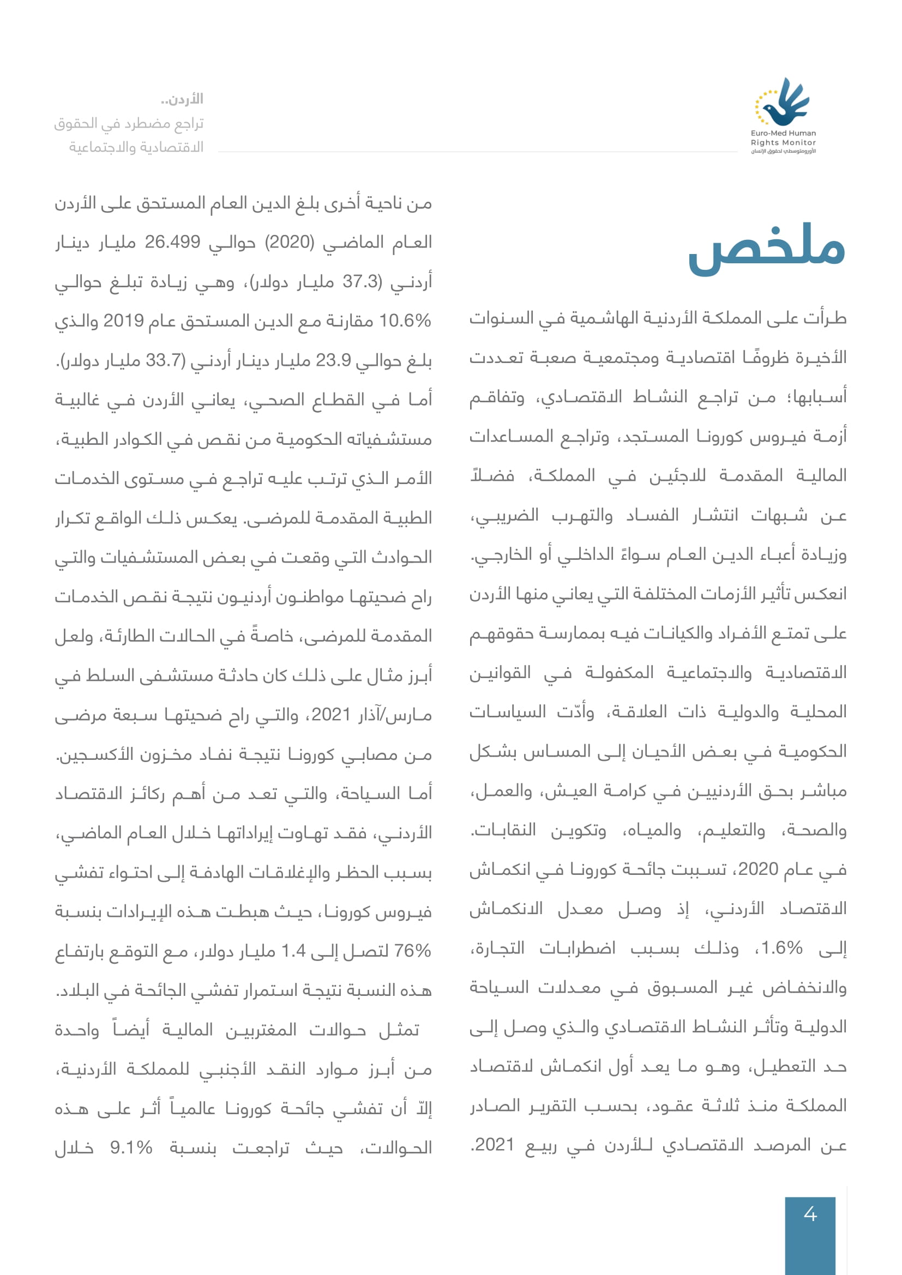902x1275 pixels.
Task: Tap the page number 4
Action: [810, 1214]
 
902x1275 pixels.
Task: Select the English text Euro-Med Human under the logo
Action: [783, 133]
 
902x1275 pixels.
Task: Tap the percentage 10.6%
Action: [405, 321]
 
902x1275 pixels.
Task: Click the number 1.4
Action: [294, 951]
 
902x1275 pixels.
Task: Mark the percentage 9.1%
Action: [131, 1148]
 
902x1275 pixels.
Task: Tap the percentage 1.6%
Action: [781, 948]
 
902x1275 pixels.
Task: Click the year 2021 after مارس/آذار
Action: [331, 715]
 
